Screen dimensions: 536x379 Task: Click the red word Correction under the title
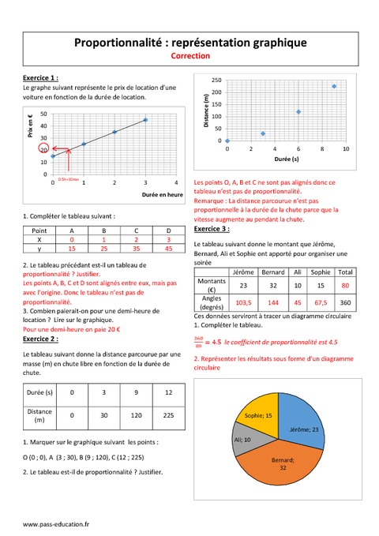click(189, 57)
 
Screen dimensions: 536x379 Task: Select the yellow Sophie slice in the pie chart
click(257, 415)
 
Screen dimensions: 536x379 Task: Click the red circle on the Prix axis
click(46, 148)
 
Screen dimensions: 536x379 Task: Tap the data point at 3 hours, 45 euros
click(145, 120)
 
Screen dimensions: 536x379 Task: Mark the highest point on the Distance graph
click(334, 87)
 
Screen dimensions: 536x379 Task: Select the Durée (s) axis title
click(287, 159)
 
